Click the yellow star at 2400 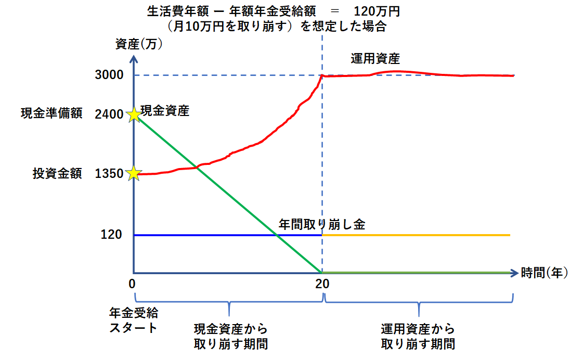tap(134, 114)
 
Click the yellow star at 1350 tap(134, 173)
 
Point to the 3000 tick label tap(109, 75)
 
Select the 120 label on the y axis tap(111, 235)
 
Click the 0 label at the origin tap(133, 284)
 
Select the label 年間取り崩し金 tap(322, 225)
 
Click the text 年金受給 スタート tap(133, 320)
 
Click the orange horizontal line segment tap(416, 235)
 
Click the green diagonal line tap(229, 194)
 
